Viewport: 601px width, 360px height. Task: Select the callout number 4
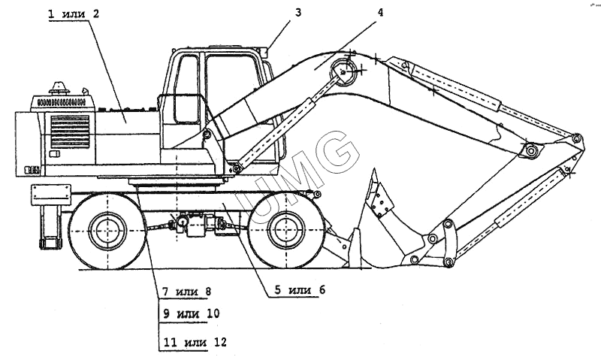point(381,12)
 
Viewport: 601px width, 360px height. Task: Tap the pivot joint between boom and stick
point(532,151)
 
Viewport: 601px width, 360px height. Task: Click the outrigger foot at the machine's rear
point(48,243)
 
